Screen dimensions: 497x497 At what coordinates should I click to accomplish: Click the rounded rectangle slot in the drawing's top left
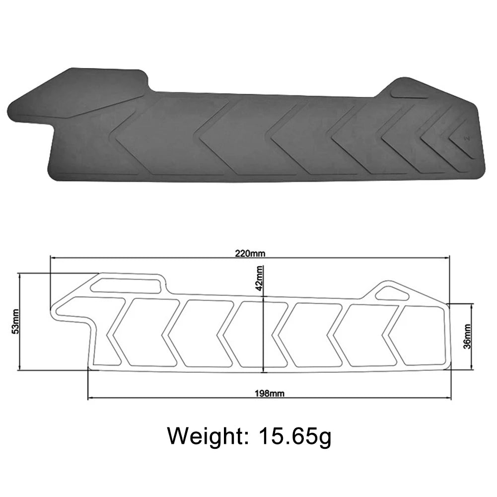tap(127, 285)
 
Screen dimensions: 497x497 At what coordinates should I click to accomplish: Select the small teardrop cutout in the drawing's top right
tap(392, 293)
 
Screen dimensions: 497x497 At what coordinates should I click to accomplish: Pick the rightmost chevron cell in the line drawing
tap(420, 335)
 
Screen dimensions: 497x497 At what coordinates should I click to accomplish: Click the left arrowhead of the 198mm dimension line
tap(90, 397)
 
